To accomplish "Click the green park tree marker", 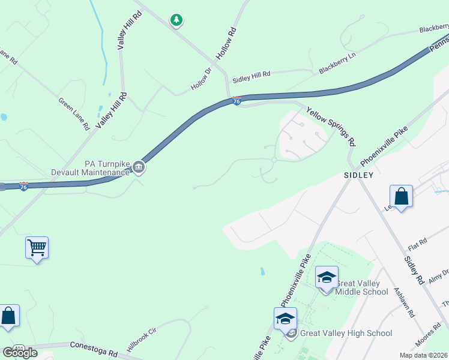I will (x=176, y=20).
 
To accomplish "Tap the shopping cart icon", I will (x=37, y=247).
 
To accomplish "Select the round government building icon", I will (x=139, y=167).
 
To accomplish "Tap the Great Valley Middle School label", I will (x=362, y=287).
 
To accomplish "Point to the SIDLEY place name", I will (x=358, y=175).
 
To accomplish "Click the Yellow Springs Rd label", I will (x=331, y=127).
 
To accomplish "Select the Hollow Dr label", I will (x=202, y=79).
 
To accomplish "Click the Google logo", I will (x=19, y=353).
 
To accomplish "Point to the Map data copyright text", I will (x=424, y=355).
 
